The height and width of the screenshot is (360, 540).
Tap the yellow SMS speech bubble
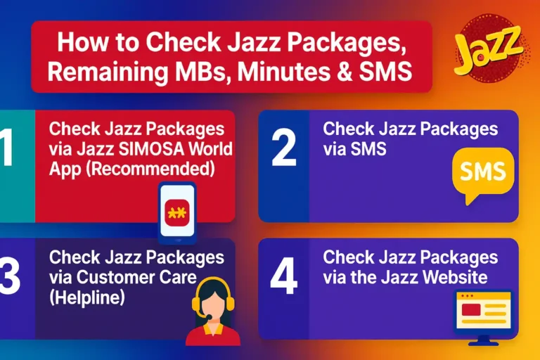point(483,172)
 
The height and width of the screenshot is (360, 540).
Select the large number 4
point(284,278)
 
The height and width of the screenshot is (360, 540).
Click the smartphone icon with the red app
point(177,212)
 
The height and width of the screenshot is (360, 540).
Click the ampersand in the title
point(358,72)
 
